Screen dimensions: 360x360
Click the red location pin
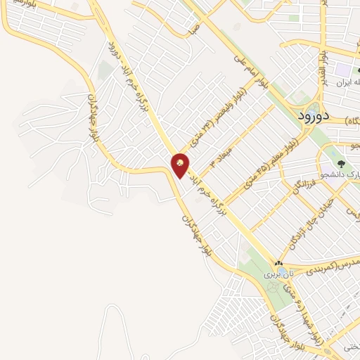(x=181, y=165)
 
